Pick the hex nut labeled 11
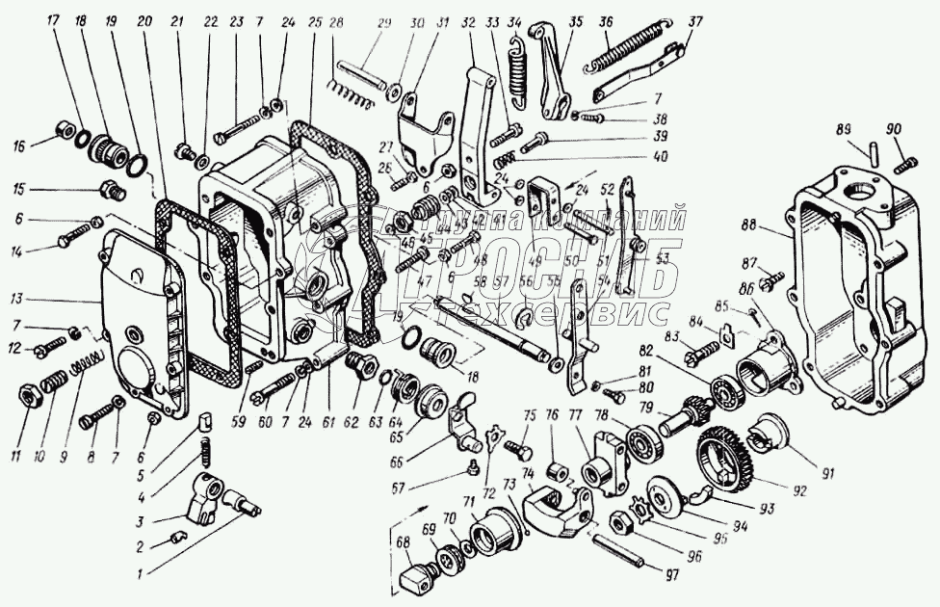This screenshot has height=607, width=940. click(31, 394)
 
